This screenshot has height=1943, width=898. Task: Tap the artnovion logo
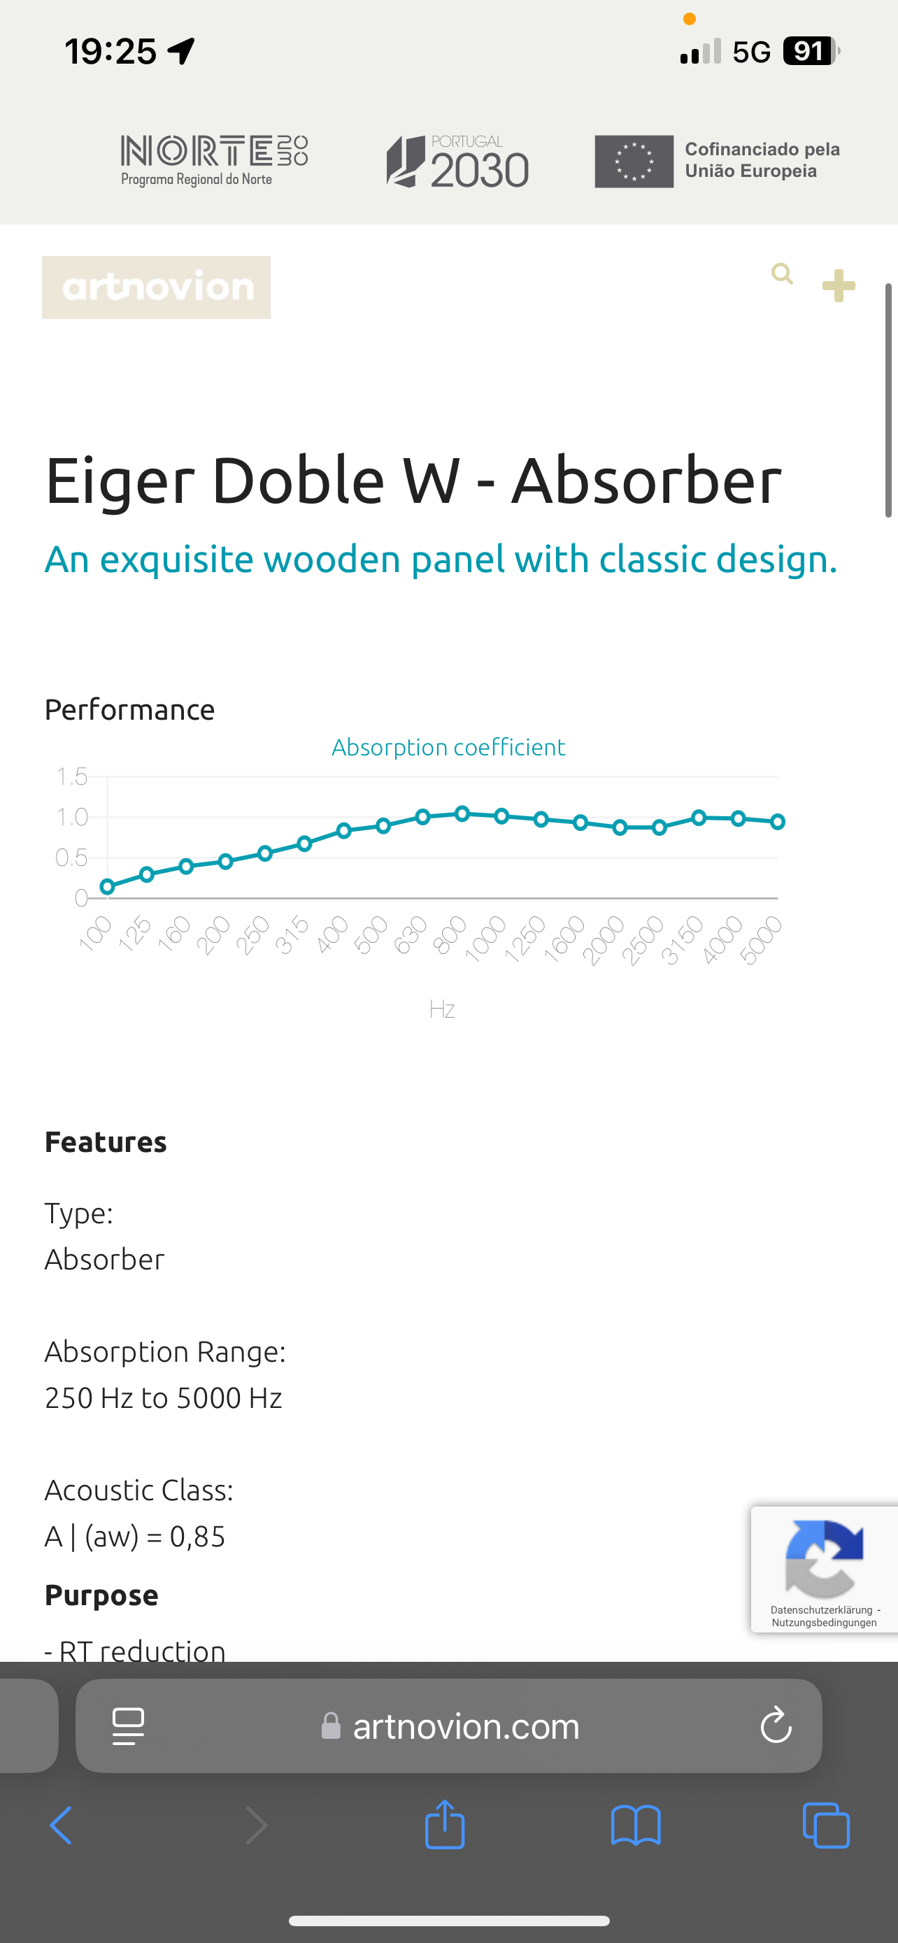(156, 287)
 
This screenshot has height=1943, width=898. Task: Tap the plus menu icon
(839, 286)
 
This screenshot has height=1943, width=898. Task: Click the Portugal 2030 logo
(457, 162)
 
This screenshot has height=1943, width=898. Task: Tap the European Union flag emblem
(634, 162)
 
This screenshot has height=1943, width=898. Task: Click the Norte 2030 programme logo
(214, 161)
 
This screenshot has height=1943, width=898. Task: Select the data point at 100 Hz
(107, 887)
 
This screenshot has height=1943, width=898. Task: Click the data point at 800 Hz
(462, 813)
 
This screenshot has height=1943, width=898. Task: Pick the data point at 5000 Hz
(778, 821)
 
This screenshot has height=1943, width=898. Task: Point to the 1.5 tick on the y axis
(71, 776)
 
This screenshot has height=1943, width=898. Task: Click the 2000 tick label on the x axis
(603, 940)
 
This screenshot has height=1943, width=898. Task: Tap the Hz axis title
(442, 1009)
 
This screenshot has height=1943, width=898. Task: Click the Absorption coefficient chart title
(448, 747)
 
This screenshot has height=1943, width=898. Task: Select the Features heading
(106, 1142)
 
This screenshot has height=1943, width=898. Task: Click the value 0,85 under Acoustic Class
(197, 1537)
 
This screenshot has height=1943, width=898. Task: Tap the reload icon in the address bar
(776, 1725)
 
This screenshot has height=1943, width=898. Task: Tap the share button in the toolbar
(445, 1825)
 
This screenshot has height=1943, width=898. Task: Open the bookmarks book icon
(636, 1825)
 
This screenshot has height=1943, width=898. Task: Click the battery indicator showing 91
(811, 51)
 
